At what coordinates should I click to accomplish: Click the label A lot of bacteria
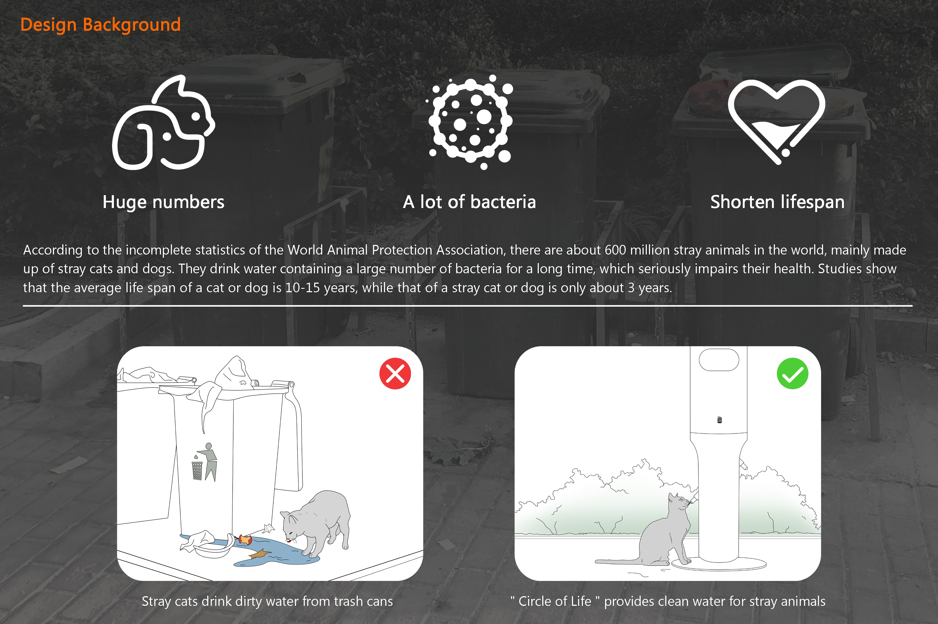(469, 202)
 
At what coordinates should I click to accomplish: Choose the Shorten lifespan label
(777, 202)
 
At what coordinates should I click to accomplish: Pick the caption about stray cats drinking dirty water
(267, 601)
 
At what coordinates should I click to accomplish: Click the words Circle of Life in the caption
(555, 601)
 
